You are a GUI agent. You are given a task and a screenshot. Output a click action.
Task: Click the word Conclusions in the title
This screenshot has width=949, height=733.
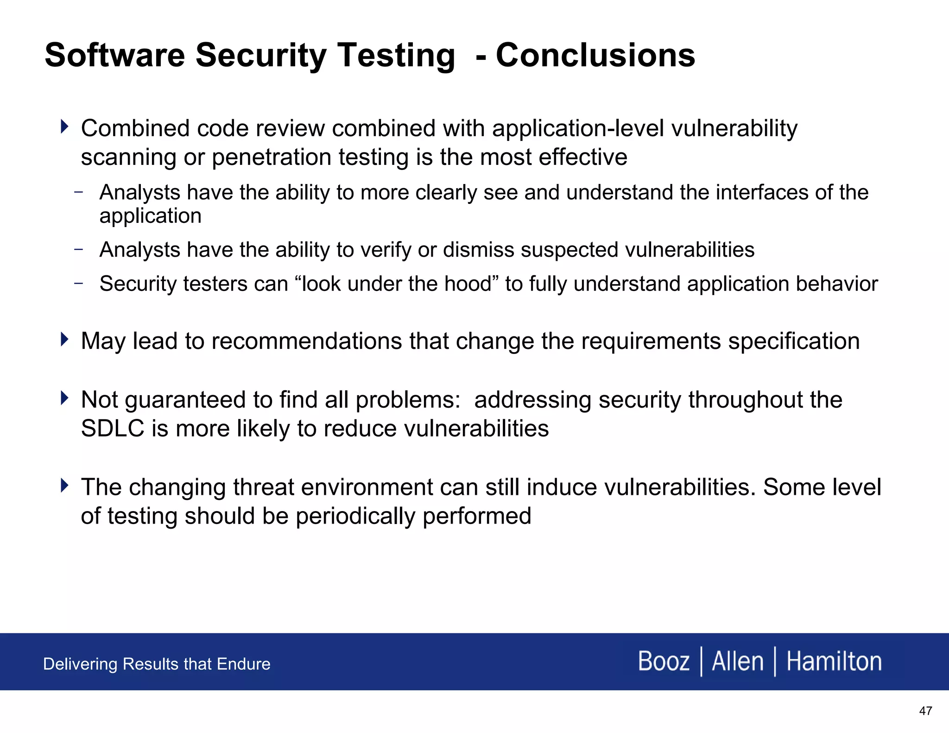click(595, 55)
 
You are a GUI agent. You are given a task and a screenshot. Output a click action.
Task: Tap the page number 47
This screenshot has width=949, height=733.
click(925, 711)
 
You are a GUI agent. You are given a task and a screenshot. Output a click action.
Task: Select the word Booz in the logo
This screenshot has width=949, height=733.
click(664, 661)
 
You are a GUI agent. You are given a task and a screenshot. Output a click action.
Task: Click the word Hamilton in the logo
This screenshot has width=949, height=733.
click(834, 661)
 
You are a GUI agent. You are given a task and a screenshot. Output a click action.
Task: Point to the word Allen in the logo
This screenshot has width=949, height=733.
click(737, 661)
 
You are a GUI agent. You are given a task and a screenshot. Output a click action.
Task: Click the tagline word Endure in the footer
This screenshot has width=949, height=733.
click(244, 664)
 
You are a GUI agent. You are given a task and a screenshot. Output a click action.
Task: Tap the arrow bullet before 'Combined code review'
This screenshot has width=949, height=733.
click(64, 126)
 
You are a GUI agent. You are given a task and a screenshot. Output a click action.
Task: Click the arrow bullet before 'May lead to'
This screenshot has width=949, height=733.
click(64, 339)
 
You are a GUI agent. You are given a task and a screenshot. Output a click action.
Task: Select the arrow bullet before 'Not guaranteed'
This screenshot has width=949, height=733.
click(64, 398)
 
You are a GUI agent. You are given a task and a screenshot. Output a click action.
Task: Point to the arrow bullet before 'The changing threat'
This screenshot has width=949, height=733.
click(64, 486)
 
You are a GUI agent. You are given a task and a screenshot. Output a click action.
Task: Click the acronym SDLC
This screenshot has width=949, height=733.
click(113, 428)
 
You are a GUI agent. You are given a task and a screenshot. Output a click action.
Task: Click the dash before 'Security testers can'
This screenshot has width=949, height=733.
click(78, 283)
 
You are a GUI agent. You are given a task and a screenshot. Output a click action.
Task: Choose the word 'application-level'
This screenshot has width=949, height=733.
click(578, 128)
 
